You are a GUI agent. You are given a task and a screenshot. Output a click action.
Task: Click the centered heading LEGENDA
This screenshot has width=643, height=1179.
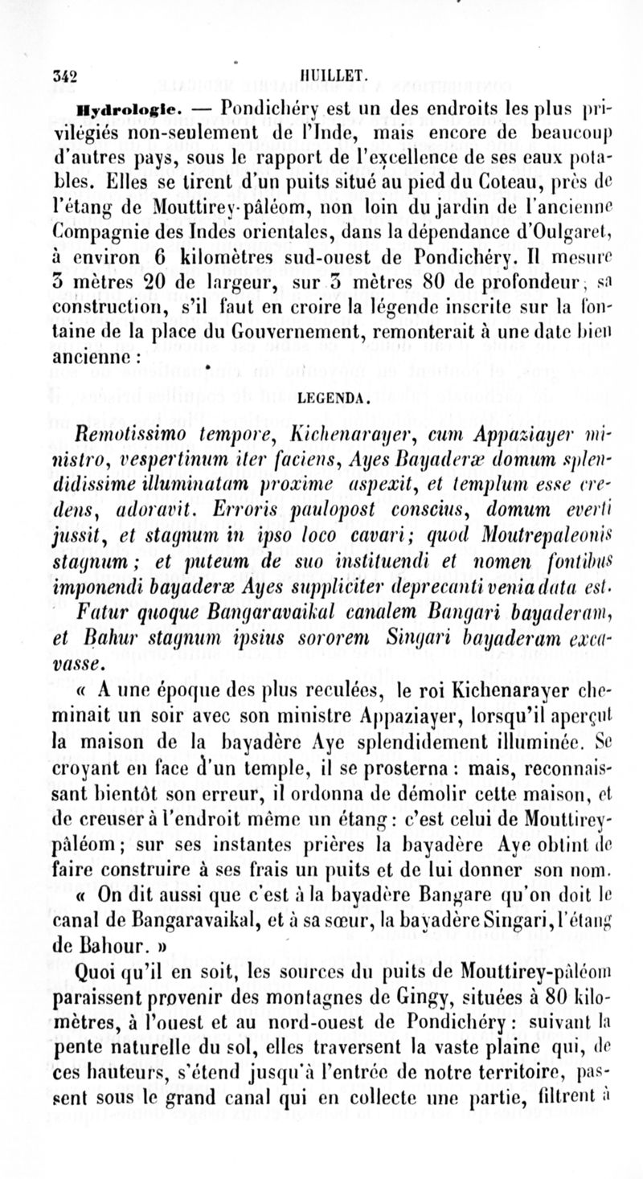(334, 396)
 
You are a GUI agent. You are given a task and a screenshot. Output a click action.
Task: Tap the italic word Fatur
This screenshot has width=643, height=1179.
(101, 613)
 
